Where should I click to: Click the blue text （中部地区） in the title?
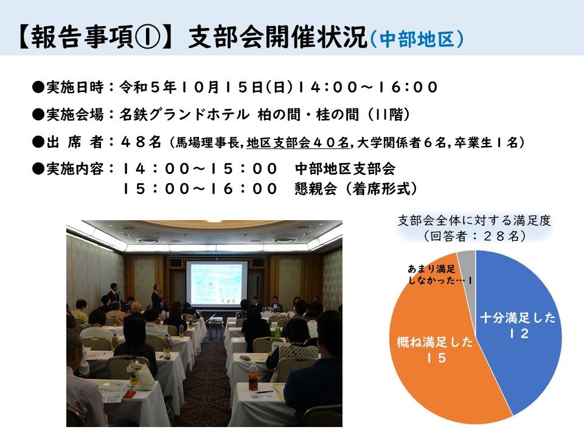pos(417,39)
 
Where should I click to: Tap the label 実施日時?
pos(75,87)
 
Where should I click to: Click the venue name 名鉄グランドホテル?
pos(184,114)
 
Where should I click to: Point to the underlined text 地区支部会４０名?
pos(297,142)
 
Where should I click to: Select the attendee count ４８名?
pos(141,142)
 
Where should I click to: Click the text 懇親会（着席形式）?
pos(356,189)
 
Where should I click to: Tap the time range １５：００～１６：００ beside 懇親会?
pos(200,189)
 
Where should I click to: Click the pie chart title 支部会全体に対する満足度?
pos(474,220)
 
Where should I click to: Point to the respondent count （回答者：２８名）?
pos(474,236)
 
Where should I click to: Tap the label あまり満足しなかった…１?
pos(440,274)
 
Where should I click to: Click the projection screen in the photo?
pos(217,284)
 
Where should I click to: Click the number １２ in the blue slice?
pos(519,333)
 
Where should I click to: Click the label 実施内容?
pos(75,169)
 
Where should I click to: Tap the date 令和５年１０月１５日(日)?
pos(206,87)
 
